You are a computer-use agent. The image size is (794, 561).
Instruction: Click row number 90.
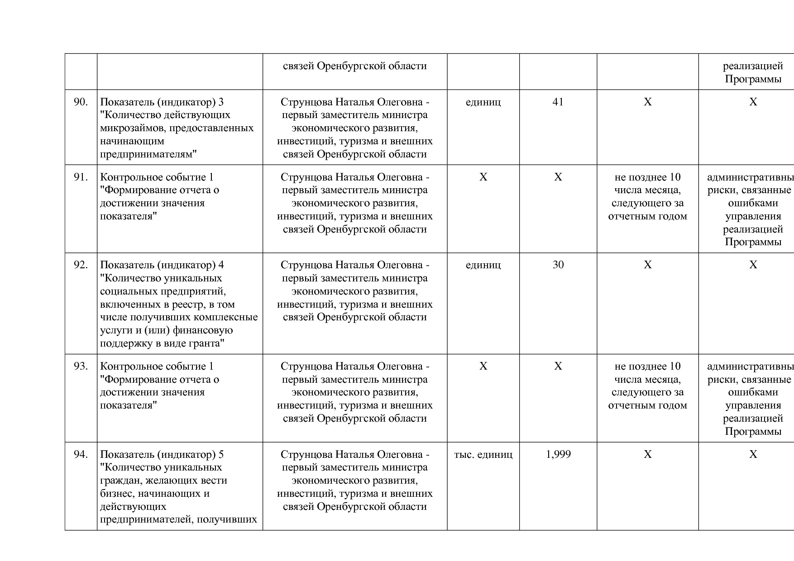click(81, 102)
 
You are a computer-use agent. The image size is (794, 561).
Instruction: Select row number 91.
click(81, 177)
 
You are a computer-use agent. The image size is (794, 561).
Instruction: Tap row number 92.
click(81, 265)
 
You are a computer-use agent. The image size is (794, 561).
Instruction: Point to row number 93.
click(81, 366)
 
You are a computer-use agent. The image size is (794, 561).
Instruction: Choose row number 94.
click(81, 455)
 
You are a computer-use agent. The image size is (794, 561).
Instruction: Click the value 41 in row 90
click(558, 102)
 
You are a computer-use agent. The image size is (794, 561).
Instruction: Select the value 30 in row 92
click(558, 265)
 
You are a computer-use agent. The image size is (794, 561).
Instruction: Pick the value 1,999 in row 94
click(558, 455)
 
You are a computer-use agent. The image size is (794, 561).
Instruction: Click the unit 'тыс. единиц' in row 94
click(483, 455)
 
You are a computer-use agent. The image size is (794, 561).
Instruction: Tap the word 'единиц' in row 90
click(483, 102)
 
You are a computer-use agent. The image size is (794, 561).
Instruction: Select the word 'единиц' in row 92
click(483, 265)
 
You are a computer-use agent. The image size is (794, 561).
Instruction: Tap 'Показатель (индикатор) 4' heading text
click(162, 265)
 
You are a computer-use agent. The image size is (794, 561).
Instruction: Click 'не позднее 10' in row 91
click(647, 177)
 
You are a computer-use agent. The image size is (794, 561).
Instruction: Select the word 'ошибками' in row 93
click(753, 392)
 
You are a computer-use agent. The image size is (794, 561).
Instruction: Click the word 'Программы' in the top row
click(753, 79)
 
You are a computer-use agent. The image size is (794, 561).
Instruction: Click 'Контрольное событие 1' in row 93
click(157, 366)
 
